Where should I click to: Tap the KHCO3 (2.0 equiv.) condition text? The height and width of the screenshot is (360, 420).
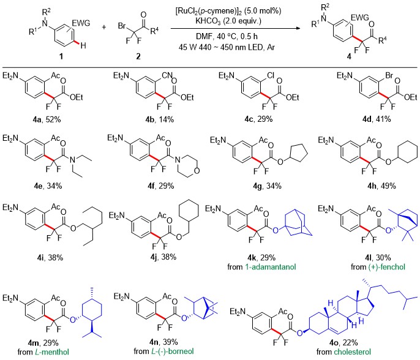pyautogui.click(x=228, y=21)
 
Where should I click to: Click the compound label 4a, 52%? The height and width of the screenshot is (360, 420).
pyautogui.click(x=47, y=119)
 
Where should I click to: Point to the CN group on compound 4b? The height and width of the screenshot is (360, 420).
pyautogui.click(x=167, y=75)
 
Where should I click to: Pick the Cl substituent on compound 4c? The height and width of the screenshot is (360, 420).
pyautogui.click(x=271, y=76)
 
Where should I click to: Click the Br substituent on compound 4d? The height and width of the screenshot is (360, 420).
pyautogui.click(x=389, y=76)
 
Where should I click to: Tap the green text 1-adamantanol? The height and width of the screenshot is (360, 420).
pyautogui.click(x=271, y=267)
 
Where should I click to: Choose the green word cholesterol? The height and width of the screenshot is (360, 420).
pyautogui.click(x=353, y=351)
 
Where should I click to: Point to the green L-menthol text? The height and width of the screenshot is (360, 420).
pyautogui.click(x=52, y=351)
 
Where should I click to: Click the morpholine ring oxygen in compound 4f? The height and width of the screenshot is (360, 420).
pyautogui.click(x=197, y=171)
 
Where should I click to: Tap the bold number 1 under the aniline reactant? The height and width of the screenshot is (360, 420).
pyautogui.click(x=61, y=56)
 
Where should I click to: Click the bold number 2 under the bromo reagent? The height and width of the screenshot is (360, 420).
pyautogui.click(x=138, y=56)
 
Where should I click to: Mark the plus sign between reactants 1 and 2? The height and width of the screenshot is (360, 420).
pyautogui.click(x=104, y=27)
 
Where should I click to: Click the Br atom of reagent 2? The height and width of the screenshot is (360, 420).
pyautogui.click(x=122, y=26)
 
